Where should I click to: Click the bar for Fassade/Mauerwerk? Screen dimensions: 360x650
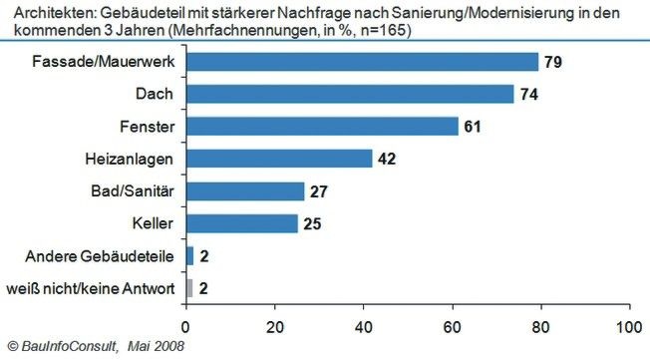tap(362, 62)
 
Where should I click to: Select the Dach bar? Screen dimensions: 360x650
tap(350, 95)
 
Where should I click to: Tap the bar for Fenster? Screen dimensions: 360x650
tap(322, 127)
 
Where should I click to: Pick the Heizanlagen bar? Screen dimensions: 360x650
tap(279, 159)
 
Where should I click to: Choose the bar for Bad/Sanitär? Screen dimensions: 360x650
tap(245, 191)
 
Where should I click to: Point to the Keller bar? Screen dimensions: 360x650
tap(241, 223)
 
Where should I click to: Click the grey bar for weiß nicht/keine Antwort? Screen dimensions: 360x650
tap(188, 288)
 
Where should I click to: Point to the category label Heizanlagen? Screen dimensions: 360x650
tap(132, 159)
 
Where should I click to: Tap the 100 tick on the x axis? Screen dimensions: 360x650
tap(629, 325)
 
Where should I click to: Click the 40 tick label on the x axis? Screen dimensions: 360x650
tap(363, 325)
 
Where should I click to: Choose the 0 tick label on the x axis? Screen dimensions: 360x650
tap(185, 325)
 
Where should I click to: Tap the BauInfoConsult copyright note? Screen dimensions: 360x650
tap(95, 347)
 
